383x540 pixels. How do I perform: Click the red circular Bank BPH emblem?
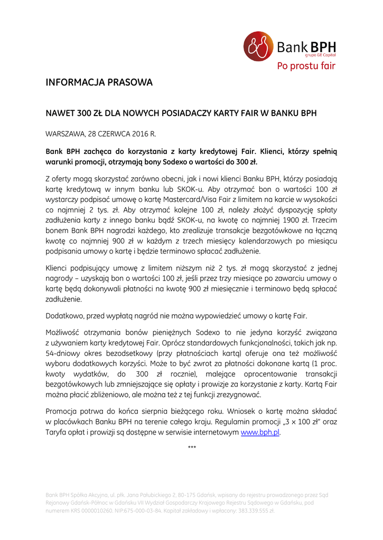tap(258, 46)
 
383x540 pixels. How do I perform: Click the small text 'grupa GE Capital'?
tap(321, 54)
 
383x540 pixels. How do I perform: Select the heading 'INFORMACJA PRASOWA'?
tap(99, 83)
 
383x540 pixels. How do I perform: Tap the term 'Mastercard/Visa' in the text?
tap(193, 200)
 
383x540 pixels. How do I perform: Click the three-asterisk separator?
tap(192, 448)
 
